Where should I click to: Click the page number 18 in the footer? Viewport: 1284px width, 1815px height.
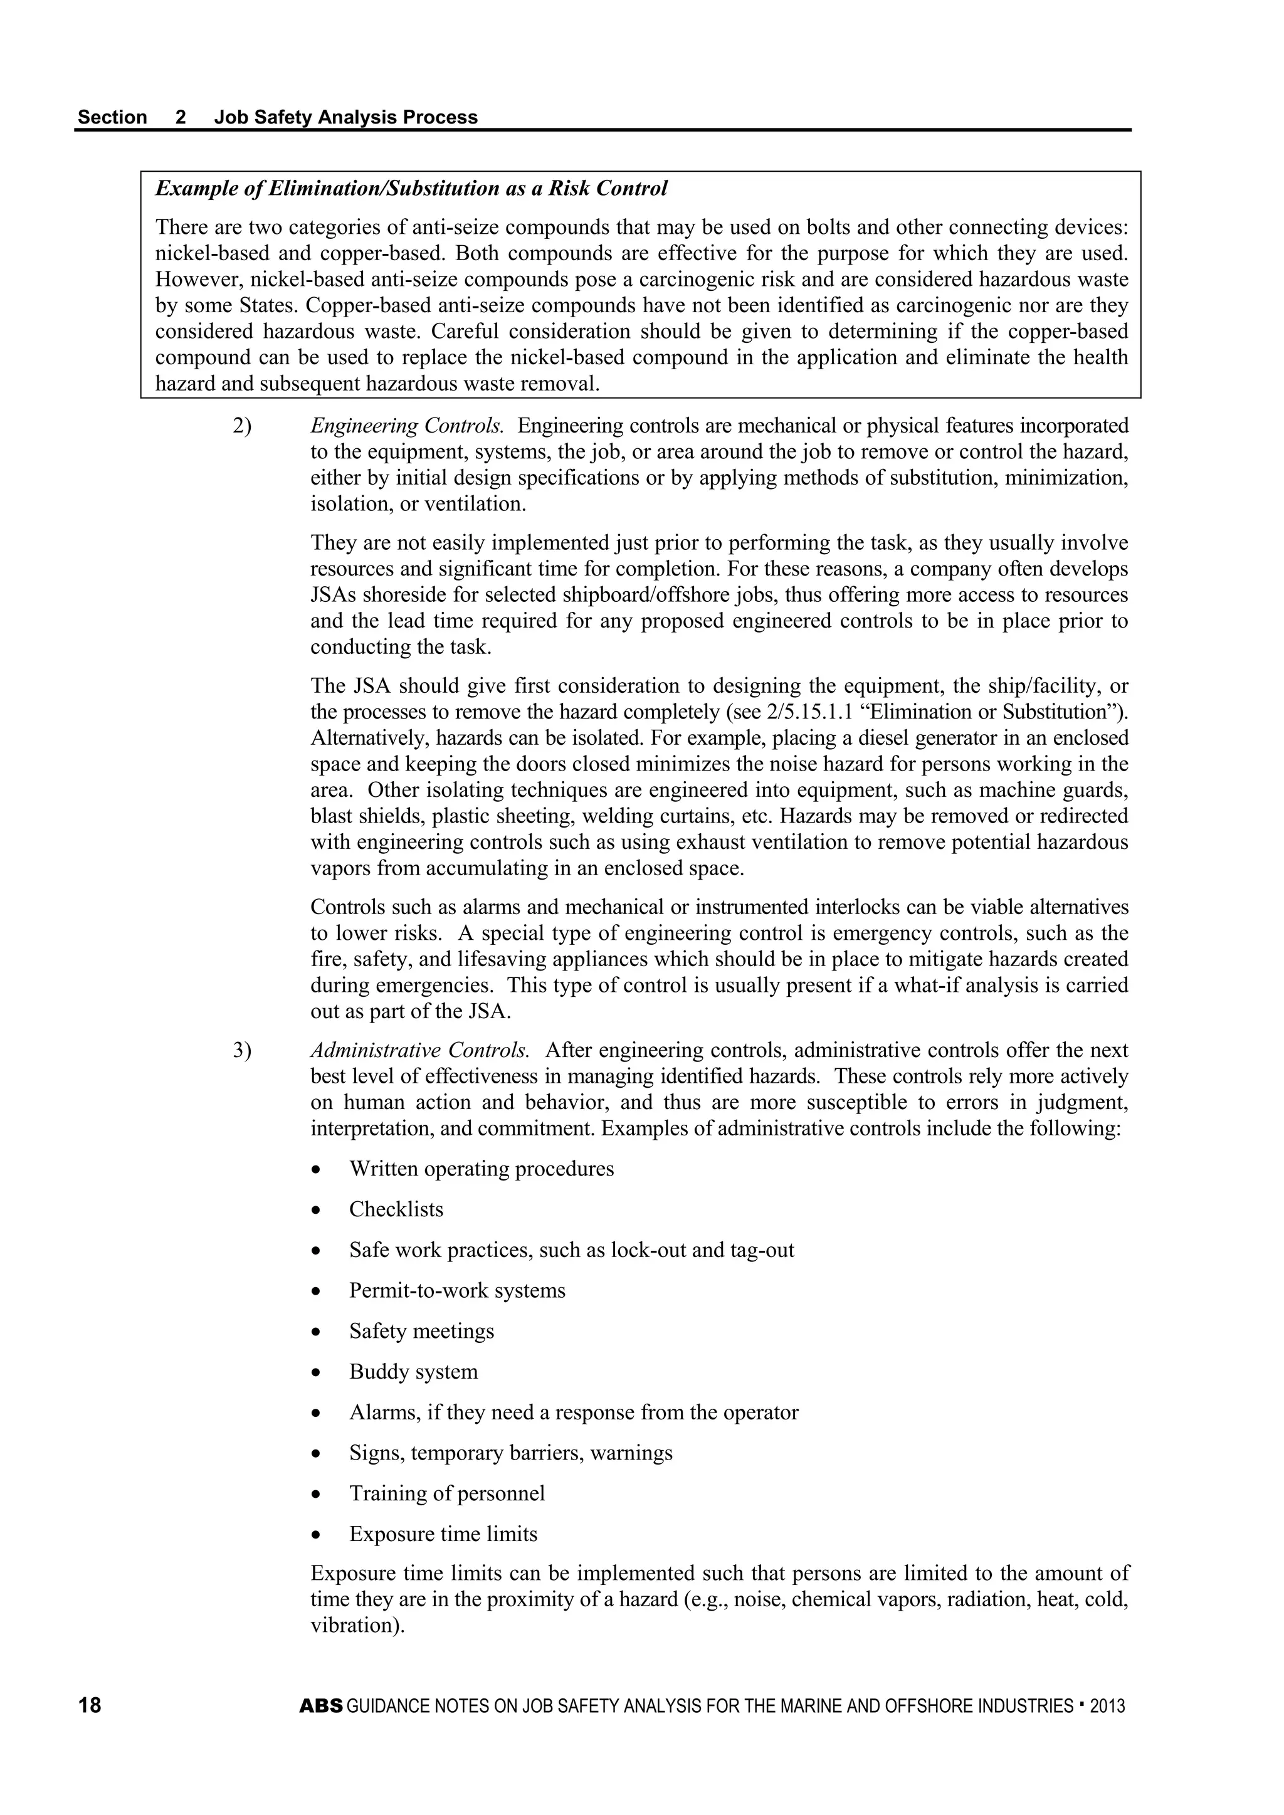(90, 1705)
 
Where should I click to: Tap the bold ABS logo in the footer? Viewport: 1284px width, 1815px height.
(321, 1706)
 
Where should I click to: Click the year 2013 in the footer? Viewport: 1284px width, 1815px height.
(1107, 1706)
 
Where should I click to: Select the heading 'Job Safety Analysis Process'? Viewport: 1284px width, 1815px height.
(345, 117)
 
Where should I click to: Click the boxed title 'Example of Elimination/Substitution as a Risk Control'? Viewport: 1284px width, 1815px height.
(411, 188)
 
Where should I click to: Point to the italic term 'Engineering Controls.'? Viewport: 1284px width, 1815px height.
(407, 426)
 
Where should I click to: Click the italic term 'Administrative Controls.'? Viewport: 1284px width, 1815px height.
(420, 1051)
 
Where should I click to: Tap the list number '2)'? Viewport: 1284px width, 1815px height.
(242, 426)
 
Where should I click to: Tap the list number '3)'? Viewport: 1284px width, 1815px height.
(242, 1051)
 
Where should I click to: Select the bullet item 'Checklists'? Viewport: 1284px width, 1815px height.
(396, 1209)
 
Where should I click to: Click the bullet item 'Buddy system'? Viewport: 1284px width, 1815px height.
(414, 1372)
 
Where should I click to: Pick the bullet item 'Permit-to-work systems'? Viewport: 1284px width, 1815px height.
(457, 1290)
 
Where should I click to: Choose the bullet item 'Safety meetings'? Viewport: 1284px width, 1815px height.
(421, 1331)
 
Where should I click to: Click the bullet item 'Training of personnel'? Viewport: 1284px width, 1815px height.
(447, 1493)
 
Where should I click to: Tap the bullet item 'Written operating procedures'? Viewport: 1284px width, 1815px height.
(481, 1169)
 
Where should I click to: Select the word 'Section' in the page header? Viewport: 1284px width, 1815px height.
(112, 117)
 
